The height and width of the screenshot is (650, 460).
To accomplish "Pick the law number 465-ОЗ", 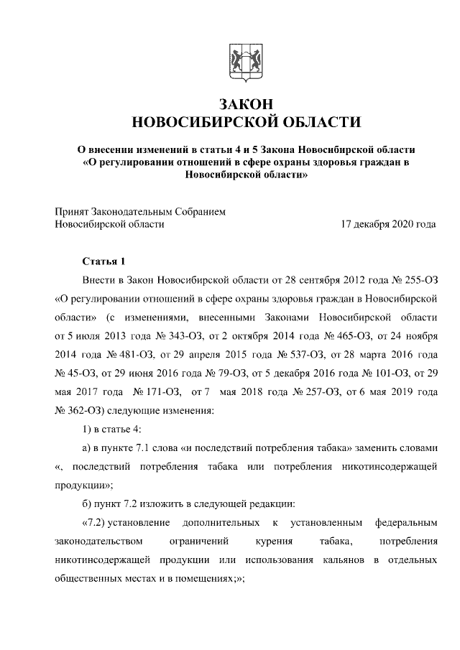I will [323, 335].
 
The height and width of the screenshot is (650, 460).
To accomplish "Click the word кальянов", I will [343, 558].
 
